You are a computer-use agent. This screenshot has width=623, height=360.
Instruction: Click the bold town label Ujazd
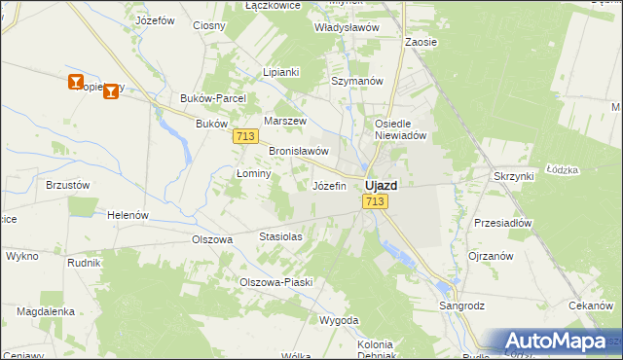(380, 185)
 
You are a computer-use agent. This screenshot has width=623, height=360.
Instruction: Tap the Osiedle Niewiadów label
(402, 129)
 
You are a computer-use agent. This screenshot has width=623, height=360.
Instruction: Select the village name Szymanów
(357, 81)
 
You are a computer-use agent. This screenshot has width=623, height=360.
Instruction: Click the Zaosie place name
(421, 43)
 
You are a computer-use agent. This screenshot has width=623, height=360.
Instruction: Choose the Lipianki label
(281, 72)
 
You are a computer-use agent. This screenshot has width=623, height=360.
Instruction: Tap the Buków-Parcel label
(213, 98)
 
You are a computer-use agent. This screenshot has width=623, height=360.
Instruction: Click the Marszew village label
(285, 121)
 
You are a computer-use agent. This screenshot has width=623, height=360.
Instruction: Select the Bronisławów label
(298, 152)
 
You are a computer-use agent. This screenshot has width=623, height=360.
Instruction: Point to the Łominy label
(253, 172)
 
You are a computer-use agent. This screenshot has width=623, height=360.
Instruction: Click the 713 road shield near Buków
(245, 137)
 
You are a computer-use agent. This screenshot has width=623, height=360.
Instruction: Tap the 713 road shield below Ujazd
(376, 201)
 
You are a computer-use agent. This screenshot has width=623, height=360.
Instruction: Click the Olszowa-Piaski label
(275, 282)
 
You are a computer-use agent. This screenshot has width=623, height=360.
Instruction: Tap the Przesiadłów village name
(502, 222)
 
